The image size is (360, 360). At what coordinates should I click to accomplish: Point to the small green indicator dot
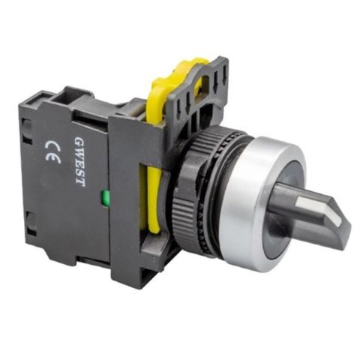tap(103, 199)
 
